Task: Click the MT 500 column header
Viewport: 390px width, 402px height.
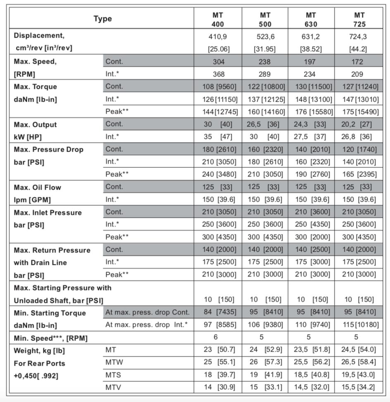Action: click(x=264, y=19)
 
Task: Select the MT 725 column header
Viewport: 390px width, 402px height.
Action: click(x=359, y=19)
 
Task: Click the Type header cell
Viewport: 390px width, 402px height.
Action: click(x=102, y=19)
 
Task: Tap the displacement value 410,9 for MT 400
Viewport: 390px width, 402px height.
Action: click(x=218, y=36)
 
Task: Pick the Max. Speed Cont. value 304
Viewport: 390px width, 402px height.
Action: click(x=219, y=62)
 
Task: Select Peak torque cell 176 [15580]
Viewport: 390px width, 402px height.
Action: click(x=311, y=112)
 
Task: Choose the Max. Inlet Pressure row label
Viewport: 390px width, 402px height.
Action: click(x=48, y=213)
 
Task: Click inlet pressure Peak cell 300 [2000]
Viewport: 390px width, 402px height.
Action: click(x=312, y=237)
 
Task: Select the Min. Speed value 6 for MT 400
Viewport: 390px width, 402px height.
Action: click(x=216, y=337)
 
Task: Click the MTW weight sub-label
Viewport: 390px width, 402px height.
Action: click(x=114, y=362)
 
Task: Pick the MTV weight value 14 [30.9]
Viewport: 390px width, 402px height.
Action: click(x=219, y=387)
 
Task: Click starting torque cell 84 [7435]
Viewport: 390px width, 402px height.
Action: click(x=219, y=312)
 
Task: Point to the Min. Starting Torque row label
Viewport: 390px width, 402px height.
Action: click(x=50, y=313)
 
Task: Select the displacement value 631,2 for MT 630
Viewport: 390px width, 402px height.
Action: click(x=311, y=36)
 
